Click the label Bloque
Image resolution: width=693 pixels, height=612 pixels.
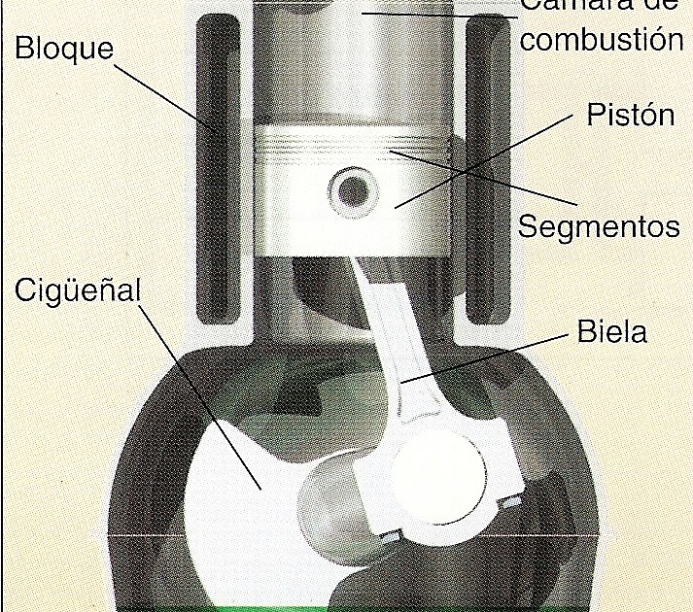[x=64, y=48]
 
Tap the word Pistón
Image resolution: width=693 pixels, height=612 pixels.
[x=630, y=115]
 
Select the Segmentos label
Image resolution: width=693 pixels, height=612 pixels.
[x=598, y=226]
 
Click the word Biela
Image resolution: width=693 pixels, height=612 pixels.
[x=611, y=333]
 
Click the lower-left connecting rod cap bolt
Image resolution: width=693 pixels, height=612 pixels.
[x=391, y=536]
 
